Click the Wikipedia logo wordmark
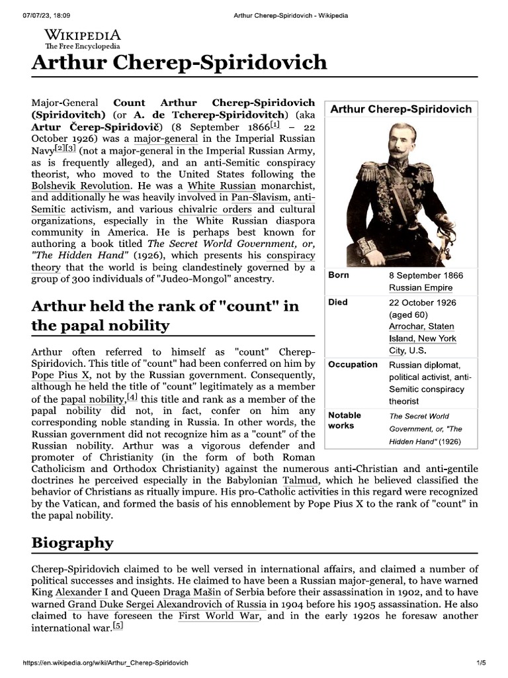(x=82, y=36)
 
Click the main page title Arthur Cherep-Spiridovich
(x=179, y=63)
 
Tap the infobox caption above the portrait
(x=401, y=109)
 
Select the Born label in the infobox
(x=339, y=275)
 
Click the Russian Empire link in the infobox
(x=420, y=288)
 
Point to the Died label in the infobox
(x=338, y=303)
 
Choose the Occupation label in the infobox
(x=353, y=365)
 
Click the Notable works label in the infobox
(x=345, y=420)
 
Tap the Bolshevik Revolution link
(x=81, y=187)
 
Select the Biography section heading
(x=73, y=543)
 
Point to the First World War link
(x=218, y=616)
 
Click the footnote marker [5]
(x=117, y=626)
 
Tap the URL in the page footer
(x=106, y=663)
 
